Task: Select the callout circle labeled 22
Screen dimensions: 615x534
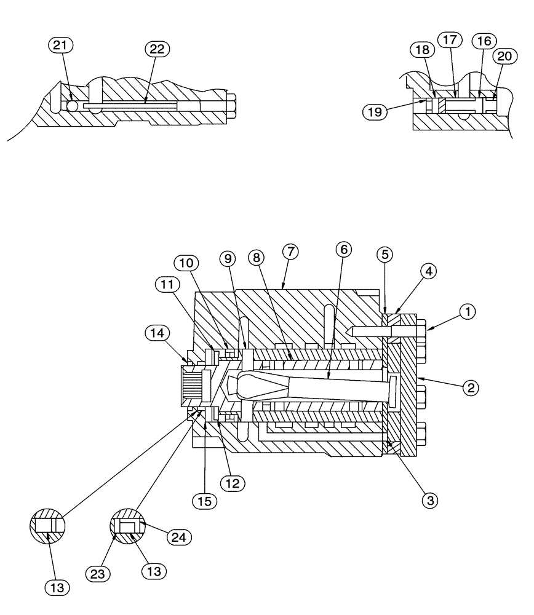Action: [x=157, y=49]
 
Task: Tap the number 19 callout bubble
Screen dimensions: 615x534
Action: [x=376, y=113]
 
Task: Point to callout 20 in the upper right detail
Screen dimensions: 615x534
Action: [x=504, y=55]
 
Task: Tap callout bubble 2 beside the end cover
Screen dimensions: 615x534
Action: [x=470, y=387]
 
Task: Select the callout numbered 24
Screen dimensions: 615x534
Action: [x=179, y=537]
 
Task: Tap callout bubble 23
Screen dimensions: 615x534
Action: [x=98, y=574]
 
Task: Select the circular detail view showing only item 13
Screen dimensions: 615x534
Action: [x=47, y=526]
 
